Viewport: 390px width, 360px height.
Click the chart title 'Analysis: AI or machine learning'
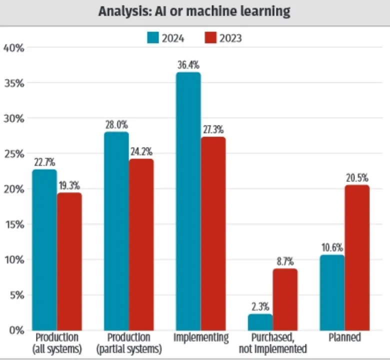(194, 11)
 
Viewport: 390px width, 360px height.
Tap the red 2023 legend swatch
(210, 37)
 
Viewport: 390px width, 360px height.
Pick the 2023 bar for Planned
(357, 257)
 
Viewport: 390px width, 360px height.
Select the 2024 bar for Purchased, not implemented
(260, 322)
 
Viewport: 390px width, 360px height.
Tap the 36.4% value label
(188, 65)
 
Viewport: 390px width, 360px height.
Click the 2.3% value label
(260, 306)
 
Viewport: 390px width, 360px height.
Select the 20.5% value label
(357, 177)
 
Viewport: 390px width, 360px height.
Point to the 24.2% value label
(141, 151)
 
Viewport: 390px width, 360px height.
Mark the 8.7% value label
(285, 261)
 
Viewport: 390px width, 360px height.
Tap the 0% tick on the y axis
(16, 330)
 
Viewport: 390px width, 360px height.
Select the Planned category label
(344, 337)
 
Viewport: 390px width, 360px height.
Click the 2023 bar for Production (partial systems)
(141, 244)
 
